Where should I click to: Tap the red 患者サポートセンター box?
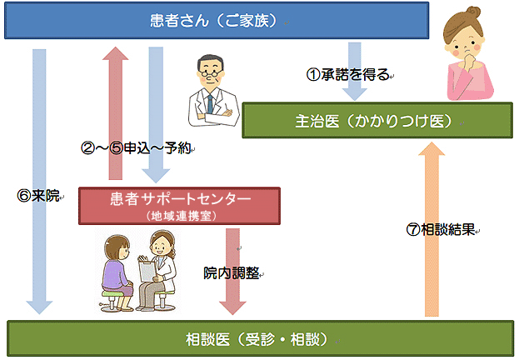point(179,205)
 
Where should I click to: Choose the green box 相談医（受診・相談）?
point(258,339)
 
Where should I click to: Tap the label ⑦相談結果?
point(442,230)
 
